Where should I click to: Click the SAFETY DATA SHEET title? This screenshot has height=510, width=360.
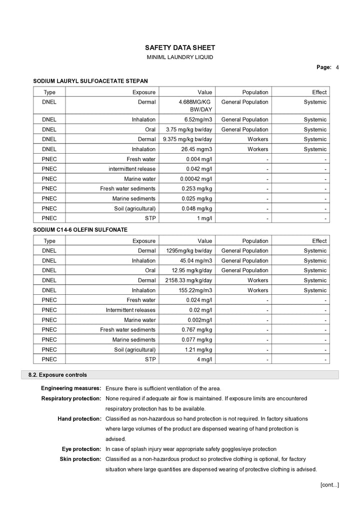[x=180, y=48]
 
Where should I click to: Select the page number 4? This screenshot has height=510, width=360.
[x=337, y=67]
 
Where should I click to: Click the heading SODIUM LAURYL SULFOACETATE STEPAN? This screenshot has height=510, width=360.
[x=90, y=81]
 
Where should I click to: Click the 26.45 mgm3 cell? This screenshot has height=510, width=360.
[x=199, y=149]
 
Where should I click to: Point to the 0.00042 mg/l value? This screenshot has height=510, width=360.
[x=196, y=179]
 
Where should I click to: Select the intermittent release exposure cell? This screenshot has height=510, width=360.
[x=132, y=169]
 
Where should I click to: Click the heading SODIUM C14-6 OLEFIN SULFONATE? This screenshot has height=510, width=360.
[x=80, y=230]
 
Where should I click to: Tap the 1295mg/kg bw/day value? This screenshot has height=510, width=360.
[x=188, y=251]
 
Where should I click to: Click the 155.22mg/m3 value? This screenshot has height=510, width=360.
[x=192, y=290]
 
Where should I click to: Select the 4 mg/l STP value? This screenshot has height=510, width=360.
[x=204, y=359]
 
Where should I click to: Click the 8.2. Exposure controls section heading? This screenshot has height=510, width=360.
[x=57, y=375]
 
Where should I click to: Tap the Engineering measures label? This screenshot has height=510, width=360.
[x=71, y=389]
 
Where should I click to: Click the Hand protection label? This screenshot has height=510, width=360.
[x=79, y=418]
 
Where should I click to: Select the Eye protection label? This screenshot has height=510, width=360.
[x=81, y=449]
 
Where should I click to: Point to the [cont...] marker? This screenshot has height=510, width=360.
[x=329, y=484]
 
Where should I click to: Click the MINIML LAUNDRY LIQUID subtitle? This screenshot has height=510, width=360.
[x=180, y=58]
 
